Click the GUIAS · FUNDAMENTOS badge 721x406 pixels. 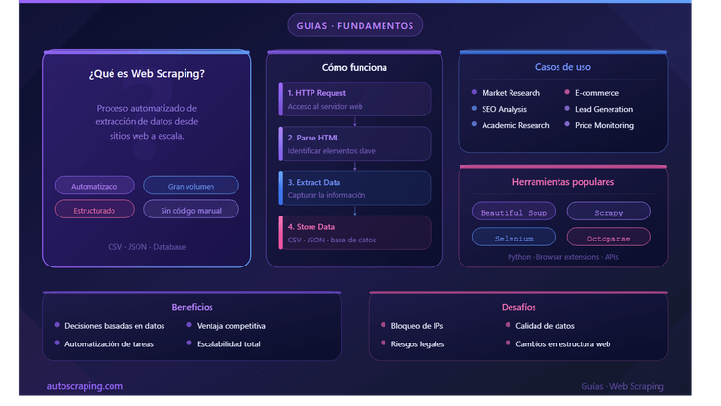355,25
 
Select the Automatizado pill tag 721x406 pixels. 94,186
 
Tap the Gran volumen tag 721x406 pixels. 191,186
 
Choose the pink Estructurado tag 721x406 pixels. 94,210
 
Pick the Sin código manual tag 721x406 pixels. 191,210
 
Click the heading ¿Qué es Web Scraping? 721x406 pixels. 147,74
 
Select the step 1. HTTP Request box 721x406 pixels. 355,99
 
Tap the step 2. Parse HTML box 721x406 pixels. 355,143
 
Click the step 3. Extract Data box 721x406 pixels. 355,189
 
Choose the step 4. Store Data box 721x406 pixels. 355,233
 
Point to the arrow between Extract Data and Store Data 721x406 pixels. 355,211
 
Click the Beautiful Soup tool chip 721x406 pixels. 513,212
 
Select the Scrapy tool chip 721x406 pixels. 609,212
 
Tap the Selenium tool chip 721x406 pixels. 513,238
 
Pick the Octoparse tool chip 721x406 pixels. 609,238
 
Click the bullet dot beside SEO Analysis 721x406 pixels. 474,108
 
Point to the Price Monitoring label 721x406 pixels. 604,125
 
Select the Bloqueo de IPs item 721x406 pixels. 417,326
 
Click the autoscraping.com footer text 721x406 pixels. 85,386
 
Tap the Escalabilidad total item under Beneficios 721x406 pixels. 229,343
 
